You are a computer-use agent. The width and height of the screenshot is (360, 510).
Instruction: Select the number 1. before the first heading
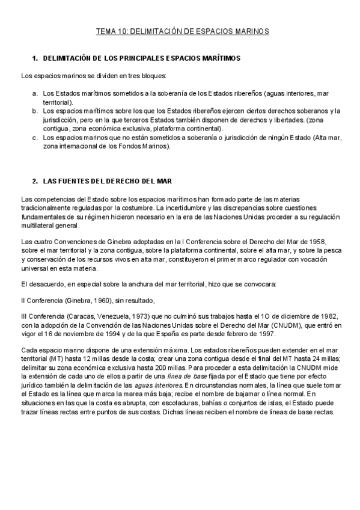click(35, 58)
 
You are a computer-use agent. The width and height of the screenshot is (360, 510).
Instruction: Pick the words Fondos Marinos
click(147, 146)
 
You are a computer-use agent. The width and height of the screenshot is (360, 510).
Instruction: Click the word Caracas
click(79, 317)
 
